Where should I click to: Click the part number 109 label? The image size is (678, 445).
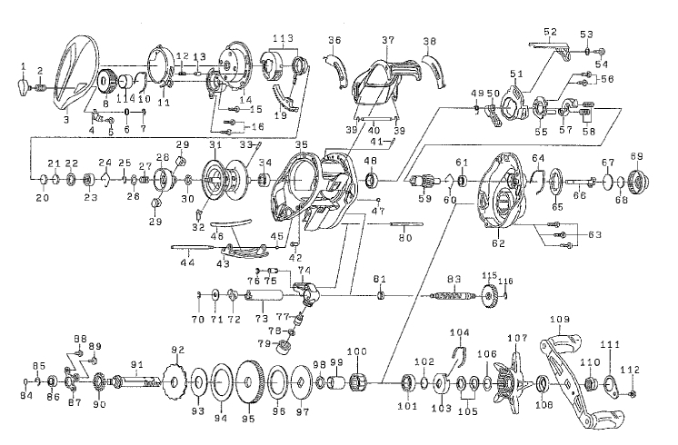pos(559,320)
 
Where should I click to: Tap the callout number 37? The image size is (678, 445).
pos(388,41)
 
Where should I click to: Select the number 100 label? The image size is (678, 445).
pos(357,351)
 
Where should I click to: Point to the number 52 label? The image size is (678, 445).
pos(549,32)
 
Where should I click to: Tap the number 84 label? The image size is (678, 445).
pos(25,394)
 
